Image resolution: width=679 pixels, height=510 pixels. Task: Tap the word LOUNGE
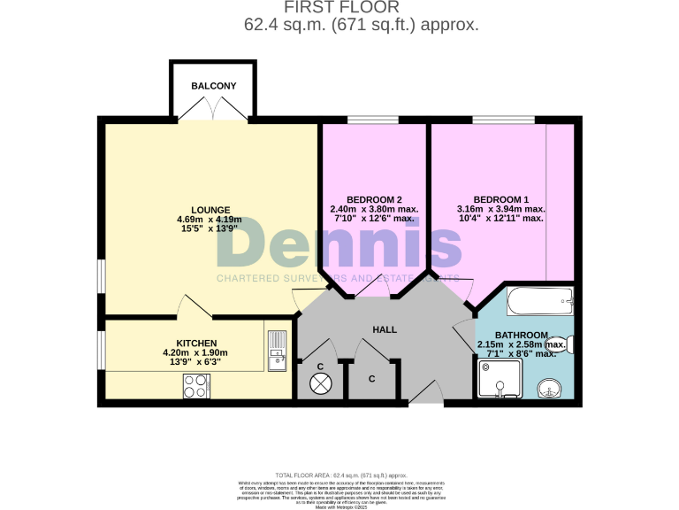(x=209, y=210)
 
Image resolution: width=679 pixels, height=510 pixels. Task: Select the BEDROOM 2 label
(x=373, y=199)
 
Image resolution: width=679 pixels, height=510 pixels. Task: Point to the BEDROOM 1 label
(x=500, y=199)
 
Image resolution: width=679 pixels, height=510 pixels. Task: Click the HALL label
(x=385, y=329)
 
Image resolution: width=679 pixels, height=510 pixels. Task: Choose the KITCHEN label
(x=196, y=343)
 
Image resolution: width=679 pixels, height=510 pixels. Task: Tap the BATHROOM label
(x=522, y=335)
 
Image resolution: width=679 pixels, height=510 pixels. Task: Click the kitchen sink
(x=278, y=352)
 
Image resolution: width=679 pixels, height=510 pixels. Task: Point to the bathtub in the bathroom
(x=540, y=303)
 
